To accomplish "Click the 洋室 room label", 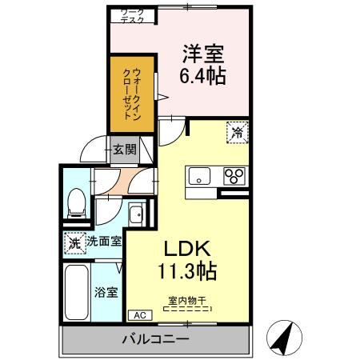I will (x=202, y=54).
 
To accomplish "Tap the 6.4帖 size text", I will (x=202, y=77).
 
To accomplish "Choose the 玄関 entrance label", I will (x=123, y=149).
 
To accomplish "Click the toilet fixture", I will (x=77, y=203).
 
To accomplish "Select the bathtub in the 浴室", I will (x=77, y=291).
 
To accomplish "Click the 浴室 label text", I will (x=107, y=291).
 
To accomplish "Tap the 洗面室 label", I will (x=104, y=241).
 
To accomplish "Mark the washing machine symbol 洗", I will (x=74, y=241).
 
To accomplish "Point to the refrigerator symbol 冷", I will (x=238, y=130).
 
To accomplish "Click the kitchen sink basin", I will (x=199, y=177).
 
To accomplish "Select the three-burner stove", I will (x=235, y=177).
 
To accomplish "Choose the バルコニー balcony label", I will (x=155, y=339).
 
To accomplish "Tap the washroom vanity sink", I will (x=137, y=214).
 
